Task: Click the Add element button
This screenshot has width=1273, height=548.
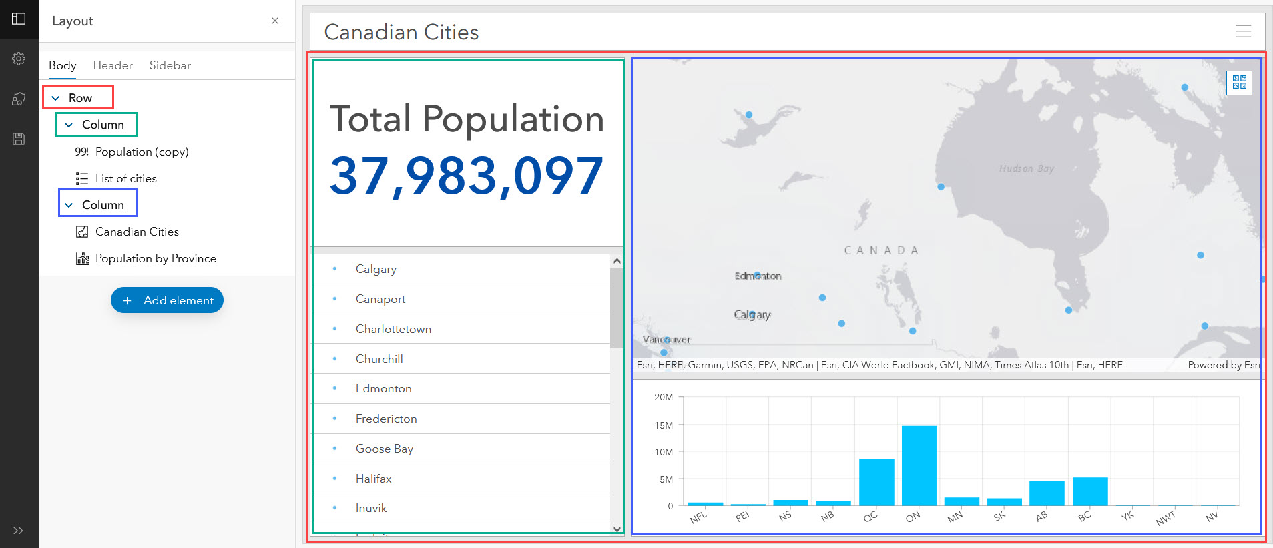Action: [x=167, y=300]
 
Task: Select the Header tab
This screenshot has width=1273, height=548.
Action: [x=113, y=65]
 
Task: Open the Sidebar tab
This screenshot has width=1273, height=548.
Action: [x=170, y=65]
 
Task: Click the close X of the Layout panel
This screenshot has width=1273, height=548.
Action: [x=275, y=21]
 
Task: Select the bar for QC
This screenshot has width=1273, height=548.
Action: [x=876, y=482]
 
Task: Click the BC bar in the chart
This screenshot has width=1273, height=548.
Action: [x=1089, y=491]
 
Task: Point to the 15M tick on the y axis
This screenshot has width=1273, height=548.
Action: [x=664, y=425]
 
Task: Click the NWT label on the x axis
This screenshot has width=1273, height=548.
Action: [x=1166, y=519]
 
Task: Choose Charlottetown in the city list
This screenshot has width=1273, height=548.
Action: [x=393, y=329]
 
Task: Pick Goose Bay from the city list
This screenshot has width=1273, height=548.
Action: [x=384, y=449]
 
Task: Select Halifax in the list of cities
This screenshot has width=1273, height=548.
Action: [x=373, y=479]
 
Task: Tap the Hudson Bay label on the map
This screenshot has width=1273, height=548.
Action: [x=1026, y=169]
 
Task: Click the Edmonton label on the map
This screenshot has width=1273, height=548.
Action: [x=758, y=276]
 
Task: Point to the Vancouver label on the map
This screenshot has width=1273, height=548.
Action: [x=666, y=340]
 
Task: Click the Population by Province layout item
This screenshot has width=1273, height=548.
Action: [x=155, y=258]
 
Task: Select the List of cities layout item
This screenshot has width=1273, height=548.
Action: [x=125, y=178]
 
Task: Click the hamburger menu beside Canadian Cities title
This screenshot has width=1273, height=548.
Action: [x=1243, y=31]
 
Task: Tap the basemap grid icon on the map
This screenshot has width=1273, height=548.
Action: [x=1239, y=82]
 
